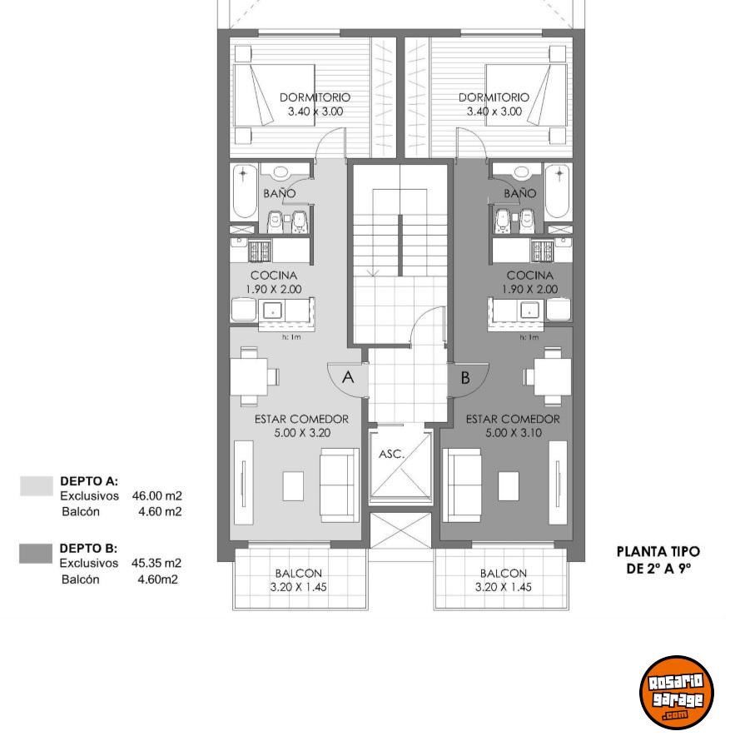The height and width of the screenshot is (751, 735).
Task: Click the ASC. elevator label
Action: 392,454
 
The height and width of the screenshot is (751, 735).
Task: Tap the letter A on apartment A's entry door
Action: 348,377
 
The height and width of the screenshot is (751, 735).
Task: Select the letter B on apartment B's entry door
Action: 465,378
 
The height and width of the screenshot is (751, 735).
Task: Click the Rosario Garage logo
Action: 677,692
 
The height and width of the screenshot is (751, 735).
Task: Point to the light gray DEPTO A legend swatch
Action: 37,485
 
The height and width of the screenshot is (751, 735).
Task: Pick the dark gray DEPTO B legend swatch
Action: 36,553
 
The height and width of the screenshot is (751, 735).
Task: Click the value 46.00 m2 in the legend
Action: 157,495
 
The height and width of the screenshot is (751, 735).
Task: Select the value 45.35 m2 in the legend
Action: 156,563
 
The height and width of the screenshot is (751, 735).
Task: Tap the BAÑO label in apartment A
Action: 280,193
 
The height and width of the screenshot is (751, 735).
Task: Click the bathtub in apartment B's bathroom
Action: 558,191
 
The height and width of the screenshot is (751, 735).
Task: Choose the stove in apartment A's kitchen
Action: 260,251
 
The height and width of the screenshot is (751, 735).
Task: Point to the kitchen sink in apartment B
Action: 529,310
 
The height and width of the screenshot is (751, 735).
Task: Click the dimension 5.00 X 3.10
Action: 514,433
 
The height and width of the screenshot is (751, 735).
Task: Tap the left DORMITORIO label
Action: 315,97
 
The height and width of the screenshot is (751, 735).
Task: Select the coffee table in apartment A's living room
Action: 292,486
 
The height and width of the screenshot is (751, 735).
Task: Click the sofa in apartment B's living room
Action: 462,485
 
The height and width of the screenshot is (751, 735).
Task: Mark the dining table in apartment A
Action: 249,376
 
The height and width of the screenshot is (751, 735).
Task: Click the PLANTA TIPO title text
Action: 658,552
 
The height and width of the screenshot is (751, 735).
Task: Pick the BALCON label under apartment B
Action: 504,574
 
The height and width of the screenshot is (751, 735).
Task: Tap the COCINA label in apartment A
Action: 273,276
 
